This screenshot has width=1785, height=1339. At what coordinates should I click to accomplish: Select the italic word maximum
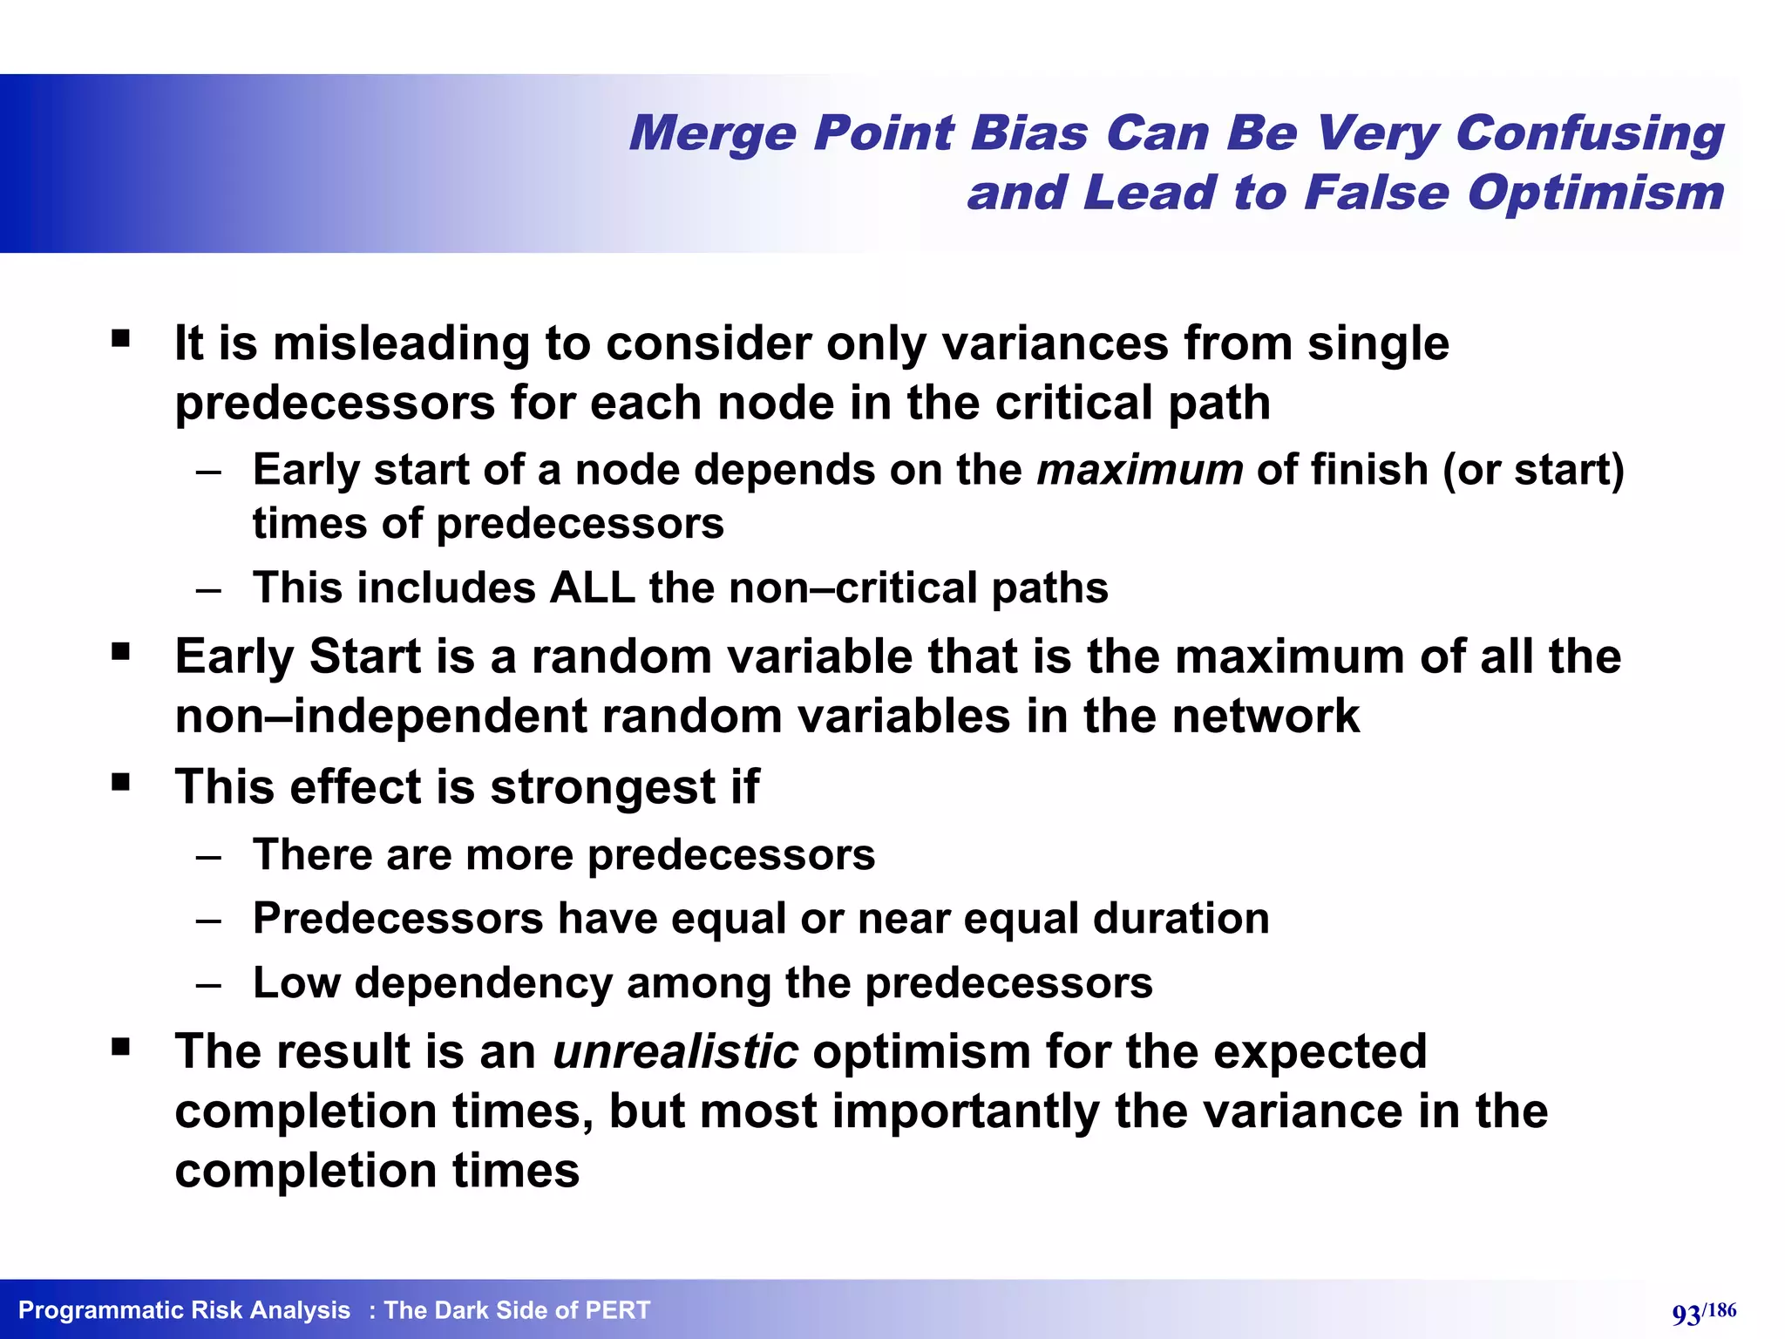(x=1139, y=470)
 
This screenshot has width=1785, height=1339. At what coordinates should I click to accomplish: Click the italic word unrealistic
(x=675, y=1051)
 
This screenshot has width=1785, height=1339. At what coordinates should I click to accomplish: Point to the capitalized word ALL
(x=592, y=588)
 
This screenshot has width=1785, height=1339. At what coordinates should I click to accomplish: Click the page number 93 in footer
(x=1686, y=1314)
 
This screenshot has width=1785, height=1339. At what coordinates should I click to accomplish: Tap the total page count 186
(x=1721, y=1309)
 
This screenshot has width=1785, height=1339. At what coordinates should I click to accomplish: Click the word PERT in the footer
(x=617, y=1310)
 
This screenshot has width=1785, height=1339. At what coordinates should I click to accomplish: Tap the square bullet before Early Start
(x=120, y=650)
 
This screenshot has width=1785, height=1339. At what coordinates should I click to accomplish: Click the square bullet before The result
(x=120, y=1045)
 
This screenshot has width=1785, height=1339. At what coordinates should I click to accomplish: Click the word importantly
(x=966, y=1111)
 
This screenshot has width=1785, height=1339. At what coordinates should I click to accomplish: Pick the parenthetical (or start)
(x=1533, y=470)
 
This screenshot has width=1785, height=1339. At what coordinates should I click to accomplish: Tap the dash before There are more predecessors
(x=208, y=856)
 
